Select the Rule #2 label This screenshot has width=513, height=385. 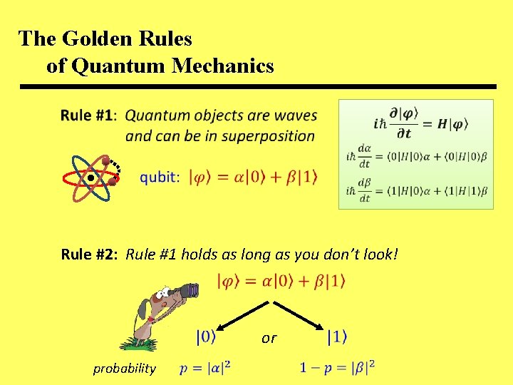[x=90, y=254]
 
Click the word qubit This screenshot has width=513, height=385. [x=159, y=176]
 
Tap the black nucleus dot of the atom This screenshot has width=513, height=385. [x=91, y=177]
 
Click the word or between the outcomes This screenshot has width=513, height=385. [x=269, y=338]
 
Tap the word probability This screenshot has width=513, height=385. [x=124, y=368]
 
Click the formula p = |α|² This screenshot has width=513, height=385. [x=205, y=368]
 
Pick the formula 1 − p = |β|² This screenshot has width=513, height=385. [x=337, y=368]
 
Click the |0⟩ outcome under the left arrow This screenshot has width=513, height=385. [x=206, y=336]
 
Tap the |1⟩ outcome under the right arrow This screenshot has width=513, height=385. [x=337, y=336]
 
